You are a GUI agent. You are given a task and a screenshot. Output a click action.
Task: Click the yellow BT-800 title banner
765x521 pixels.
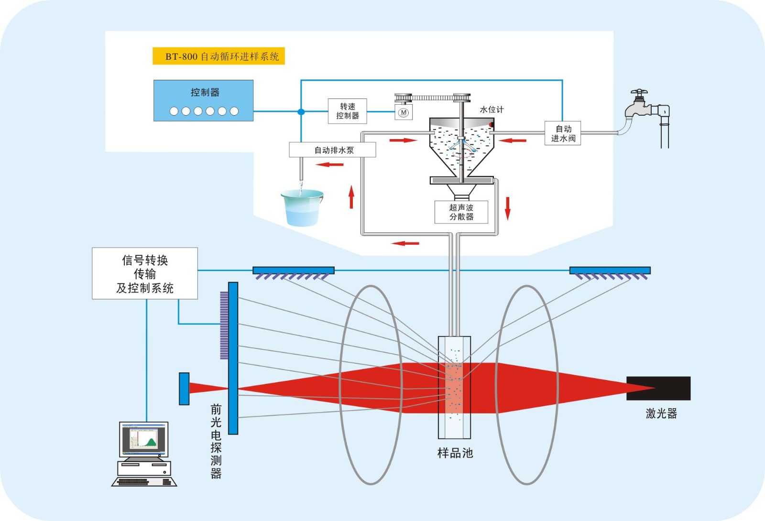[219, 56]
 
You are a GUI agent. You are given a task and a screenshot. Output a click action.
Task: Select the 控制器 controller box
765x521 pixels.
[203, 100]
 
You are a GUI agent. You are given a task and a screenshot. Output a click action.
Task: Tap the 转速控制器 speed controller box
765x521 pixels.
[347, 111]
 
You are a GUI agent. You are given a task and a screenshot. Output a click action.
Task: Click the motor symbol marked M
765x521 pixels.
[404, 112]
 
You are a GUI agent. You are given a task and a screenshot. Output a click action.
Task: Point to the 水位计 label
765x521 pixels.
[492, 109]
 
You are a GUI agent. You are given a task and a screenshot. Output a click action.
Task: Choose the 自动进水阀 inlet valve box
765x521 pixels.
[563, 133]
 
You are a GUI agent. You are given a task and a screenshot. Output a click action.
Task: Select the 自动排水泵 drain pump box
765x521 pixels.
[333, 150]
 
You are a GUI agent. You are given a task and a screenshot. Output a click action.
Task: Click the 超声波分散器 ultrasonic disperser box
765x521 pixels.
[461, 212]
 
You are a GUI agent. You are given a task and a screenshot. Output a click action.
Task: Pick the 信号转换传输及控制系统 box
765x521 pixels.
[145, 274]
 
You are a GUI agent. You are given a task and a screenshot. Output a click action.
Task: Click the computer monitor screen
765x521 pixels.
[143, 439]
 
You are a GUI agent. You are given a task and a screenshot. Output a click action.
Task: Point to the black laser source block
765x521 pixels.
[658, 388]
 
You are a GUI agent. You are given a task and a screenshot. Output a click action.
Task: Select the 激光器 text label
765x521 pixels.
[661, 413]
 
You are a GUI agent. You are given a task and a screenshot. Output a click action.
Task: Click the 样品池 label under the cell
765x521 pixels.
[455, 453]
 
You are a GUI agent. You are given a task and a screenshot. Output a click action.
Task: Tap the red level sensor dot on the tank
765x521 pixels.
[491, 125]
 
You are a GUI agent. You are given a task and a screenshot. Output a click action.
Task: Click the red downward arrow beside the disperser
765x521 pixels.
[508, 208]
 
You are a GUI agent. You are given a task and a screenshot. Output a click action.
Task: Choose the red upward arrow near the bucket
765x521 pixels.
[351, 197]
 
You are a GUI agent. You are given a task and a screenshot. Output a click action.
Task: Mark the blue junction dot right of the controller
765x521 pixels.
[301, 112]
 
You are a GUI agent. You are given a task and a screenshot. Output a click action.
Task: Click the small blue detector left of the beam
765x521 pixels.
[184, 389]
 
